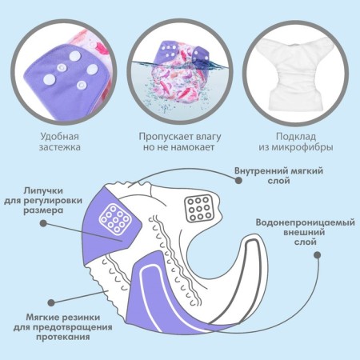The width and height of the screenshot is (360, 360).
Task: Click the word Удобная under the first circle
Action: tap(60, 137)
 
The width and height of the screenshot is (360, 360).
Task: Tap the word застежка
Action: tap(60, 147)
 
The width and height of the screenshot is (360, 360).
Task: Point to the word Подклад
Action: tap(296, 137)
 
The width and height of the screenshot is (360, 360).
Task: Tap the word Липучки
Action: tap(43, 191)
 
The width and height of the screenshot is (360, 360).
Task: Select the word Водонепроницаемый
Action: tap(306, 222)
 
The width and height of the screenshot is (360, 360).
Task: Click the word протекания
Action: tap(63, 337)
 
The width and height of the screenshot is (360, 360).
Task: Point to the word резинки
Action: tap(81, 318)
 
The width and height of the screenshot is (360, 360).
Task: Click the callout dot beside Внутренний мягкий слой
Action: tap(238, 181)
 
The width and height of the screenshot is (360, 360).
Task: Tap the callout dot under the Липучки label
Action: tap(43, 223)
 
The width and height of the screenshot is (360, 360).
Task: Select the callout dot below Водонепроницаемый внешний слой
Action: tap(317, 255)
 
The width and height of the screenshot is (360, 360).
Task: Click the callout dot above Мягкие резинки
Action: tap(51, 302)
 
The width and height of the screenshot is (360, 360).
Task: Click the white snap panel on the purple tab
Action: tap(115, 219)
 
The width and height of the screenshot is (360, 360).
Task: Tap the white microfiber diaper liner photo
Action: tap(296, 72)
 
